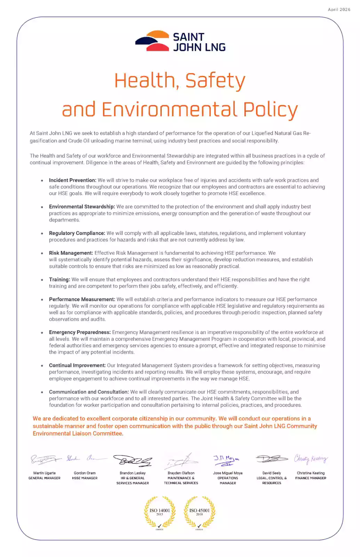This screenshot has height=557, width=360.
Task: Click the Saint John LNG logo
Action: coord(180,41)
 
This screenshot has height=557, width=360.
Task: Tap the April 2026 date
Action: coord(339,9)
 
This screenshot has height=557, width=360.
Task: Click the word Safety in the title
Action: coord(215,81)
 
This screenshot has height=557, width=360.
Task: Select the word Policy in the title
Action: coord(270,110)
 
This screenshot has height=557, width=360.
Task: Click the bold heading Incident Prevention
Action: coord(72,180)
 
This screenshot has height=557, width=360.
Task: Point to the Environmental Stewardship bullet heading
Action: coord(82,207)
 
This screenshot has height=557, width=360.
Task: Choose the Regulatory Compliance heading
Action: coord(77,233)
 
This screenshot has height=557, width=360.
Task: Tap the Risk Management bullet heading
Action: coord(71,253)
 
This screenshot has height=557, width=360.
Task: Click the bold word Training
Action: coord(59,280)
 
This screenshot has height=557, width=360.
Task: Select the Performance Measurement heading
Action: coord(82,299)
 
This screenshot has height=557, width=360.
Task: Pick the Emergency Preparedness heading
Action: coord(80,332)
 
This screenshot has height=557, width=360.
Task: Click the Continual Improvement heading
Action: coord(77,366)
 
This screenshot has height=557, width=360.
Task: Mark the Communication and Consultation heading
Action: coord(89,392)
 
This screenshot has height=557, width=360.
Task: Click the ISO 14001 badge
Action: coord(160,512)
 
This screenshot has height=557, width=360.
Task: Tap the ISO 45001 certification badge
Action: coord(199,512)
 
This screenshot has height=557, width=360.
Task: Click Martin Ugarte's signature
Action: coord(45,460)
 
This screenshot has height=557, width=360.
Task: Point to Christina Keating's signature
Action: coord(311,459)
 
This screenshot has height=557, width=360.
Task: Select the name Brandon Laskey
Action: coord(133,473)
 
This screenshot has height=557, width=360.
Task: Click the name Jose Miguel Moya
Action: coord(228,473)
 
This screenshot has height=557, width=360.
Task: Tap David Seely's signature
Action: coord(272,459)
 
